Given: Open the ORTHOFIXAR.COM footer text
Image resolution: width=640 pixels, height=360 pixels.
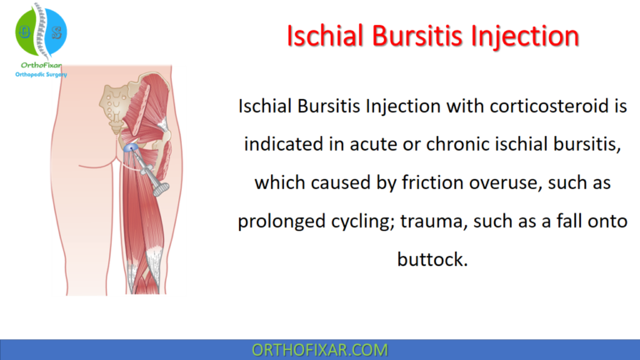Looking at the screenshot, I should tap(320, 349).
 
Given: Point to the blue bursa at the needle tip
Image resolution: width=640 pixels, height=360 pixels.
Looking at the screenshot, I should tap(132, 147).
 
